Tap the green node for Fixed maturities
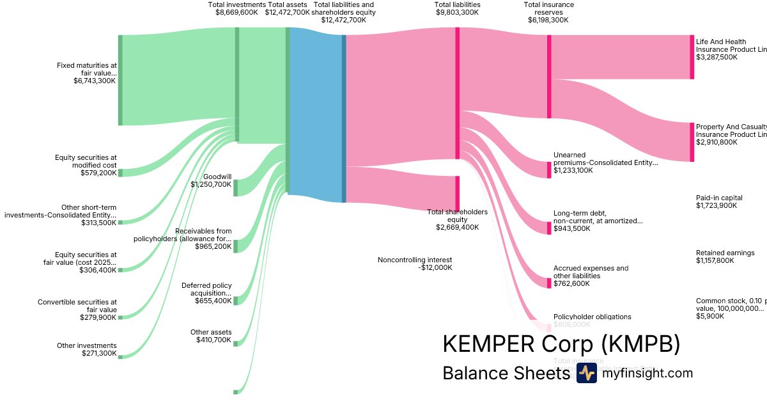[120, 80]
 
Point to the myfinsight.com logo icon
[586, 373]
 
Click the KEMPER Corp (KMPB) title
[561, 344]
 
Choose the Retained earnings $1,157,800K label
[725, 257]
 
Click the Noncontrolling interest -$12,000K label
[415, 264]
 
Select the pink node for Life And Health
[692, 57]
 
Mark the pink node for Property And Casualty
[692, 142]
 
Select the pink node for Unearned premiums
[548, 170]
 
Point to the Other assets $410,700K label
[211, 336]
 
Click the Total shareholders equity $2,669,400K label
[457, 219]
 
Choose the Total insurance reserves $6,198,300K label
[548, 12]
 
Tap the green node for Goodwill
[235, 187]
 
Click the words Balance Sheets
[506, 373]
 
